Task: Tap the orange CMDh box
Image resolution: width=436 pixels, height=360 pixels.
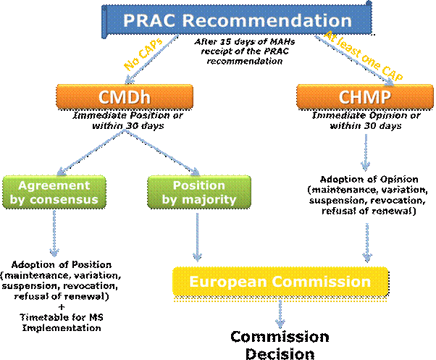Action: [x=125, y=97]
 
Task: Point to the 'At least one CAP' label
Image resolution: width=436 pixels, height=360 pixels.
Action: [x=362, y=56]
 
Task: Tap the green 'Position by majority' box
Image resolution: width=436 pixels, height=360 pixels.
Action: [x=199, y=192]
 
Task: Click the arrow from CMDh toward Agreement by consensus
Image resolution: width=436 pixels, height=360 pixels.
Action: [x=90, y=152]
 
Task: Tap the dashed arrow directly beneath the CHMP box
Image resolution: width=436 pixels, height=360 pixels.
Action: [x=366, y=153]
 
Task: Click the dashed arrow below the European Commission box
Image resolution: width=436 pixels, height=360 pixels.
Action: [x=280, y=314]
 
